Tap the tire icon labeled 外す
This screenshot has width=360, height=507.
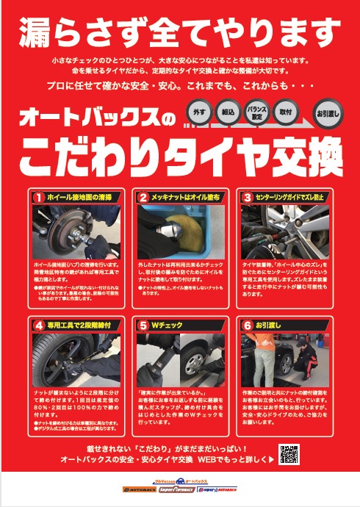[x=196, y=117]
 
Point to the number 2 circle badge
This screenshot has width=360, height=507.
[x=144, y=197]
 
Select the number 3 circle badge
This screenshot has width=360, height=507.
[x=248, y=197]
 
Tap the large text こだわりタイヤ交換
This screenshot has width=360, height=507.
[x=180, y=151]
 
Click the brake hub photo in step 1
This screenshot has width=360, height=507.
[x=75, y=230]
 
